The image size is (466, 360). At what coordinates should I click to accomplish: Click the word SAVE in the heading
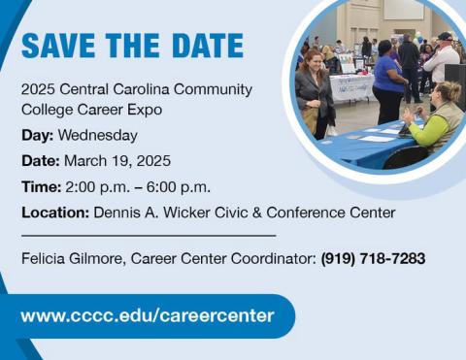pos(59,46)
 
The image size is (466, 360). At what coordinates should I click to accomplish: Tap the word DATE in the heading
pos(207,46)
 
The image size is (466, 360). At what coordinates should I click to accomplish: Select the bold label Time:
pos(41,186)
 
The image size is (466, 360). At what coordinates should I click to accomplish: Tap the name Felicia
pos(46,258)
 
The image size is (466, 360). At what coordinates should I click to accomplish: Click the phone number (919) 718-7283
pos(373,258)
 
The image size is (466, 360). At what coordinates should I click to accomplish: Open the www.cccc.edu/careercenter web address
pos(147,315)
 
